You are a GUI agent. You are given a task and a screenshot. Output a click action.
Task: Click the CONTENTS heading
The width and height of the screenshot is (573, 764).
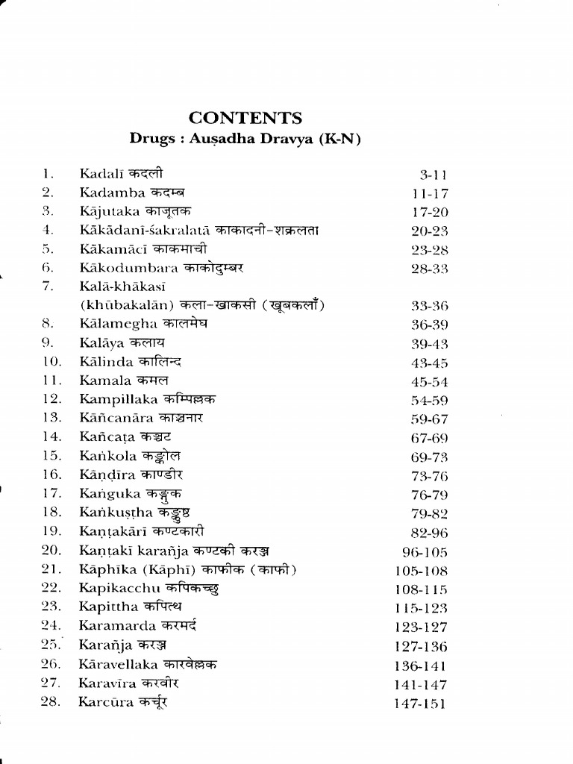point(245,118)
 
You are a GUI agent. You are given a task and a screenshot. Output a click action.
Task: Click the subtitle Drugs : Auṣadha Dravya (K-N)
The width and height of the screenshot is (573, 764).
point(245,139)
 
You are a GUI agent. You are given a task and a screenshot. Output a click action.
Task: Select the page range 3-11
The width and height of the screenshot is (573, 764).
point(433,176)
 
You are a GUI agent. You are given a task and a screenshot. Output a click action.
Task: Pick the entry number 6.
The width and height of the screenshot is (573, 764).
point(47,267)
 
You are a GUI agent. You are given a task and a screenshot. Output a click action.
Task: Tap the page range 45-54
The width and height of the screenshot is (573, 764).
point(429,382)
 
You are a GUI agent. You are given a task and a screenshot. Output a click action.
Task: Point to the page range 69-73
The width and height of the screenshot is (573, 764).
point(429,456)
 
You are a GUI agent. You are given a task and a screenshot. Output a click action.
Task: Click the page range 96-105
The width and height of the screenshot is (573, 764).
point(424,553)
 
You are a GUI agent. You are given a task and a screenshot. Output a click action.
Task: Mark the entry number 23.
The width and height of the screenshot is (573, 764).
point(51,607)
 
